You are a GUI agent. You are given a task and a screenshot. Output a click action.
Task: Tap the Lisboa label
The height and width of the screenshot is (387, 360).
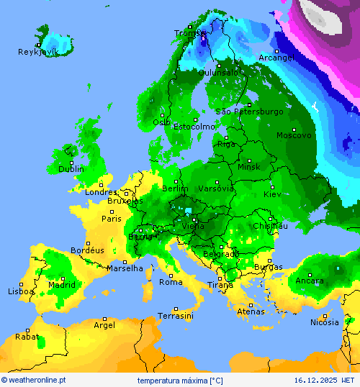pyautogui.click(x=21, y=291)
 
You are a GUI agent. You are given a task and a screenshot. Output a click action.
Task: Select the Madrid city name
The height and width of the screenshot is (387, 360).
pyautogui.click(x=61, y=285)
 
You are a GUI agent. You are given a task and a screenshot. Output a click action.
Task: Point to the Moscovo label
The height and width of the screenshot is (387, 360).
pyautogui.click(x=294, y=135)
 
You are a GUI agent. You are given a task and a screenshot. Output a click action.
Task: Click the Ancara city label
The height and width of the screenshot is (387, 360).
pyautogui.click(x=310, y=281)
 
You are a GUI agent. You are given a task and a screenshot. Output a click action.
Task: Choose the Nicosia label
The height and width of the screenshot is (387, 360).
pyautogui.click(x=324, y=322)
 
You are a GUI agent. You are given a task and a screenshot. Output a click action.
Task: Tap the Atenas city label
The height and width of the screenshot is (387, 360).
pyautogui.click(x=251, y=311)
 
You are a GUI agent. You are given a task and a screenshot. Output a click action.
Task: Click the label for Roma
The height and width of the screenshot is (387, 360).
pyautogui.click(x=171, y=282)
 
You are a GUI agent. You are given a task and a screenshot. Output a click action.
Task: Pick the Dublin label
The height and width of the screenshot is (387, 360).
pyautogui.click(x=71, y=169)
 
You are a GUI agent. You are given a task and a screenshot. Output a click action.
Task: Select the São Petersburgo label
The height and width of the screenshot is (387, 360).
pyautogui.click(x=249, y=111)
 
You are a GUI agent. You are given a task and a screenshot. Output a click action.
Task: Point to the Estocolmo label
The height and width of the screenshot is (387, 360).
pyautogui.click(x=194, y=127)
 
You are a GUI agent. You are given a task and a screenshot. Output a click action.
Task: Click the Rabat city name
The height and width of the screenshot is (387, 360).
pyautogui.click(x=27, y=336)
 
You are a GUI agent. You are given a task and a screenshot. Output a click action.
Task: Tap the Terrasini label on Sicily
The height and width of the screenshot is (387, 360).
pyautogui.click(x=175, y=316)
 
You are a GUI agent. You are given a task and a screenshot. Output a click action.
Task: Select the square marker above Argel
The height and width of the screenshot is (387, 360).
pyautogui.click(x=105, y=319)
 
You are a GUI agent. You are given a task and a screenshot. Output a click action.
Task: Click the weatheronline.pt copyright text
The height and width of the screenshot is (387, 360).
pyautogui.click(x=34, y=379)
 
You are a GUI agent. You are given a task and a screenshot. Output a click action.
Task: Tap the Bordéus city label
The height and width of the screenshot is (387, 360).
pyautogui.click(x=87, y=250)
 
